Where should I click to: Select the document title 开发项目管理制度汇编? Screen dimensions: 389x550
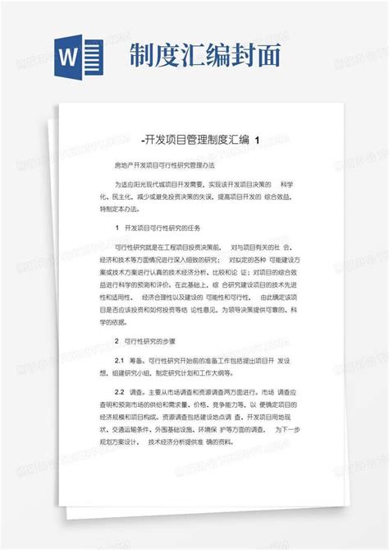[x=196, y=140]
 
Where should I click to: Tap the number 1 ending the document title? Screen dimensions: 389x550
[x=259, y=140]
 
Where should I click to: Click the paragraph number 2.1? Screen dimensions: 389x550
[x=119, y=360]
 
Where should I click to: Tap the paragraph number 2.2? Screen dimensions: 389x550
[x=119, y=393]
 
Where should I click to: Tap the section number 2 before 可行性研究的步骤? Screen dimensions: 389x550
[x=117, y=340]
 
